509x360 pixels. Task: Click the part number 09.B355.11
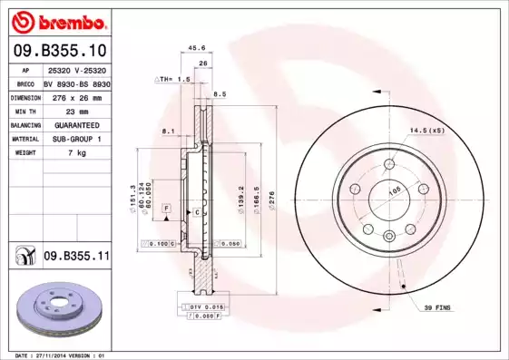point(76,257)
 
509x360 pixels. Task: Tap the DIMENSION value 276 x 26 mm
point(75,96)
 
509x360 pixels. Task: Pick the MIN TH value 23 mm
point(75,110)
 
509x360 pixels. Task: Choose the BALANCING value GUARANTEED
point(75,124)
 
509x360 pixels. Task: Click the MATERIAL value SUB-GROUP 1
point(75,139)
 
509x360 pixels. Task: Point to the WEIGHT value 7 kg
point(75,153)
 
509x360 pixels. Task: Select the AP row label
point(26,69)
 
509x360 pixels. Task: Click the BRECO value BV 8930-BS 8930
point(76,83)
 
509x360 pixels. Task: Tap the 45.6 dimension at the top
point(195,48)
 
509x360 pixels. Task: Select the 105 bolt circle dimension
point(394,191)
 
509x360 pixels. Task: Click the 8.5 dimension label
point(219,94)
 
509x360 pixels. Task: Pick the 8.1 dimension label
point(167,131)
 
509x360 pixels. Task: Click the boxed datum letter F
point(167,209)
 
